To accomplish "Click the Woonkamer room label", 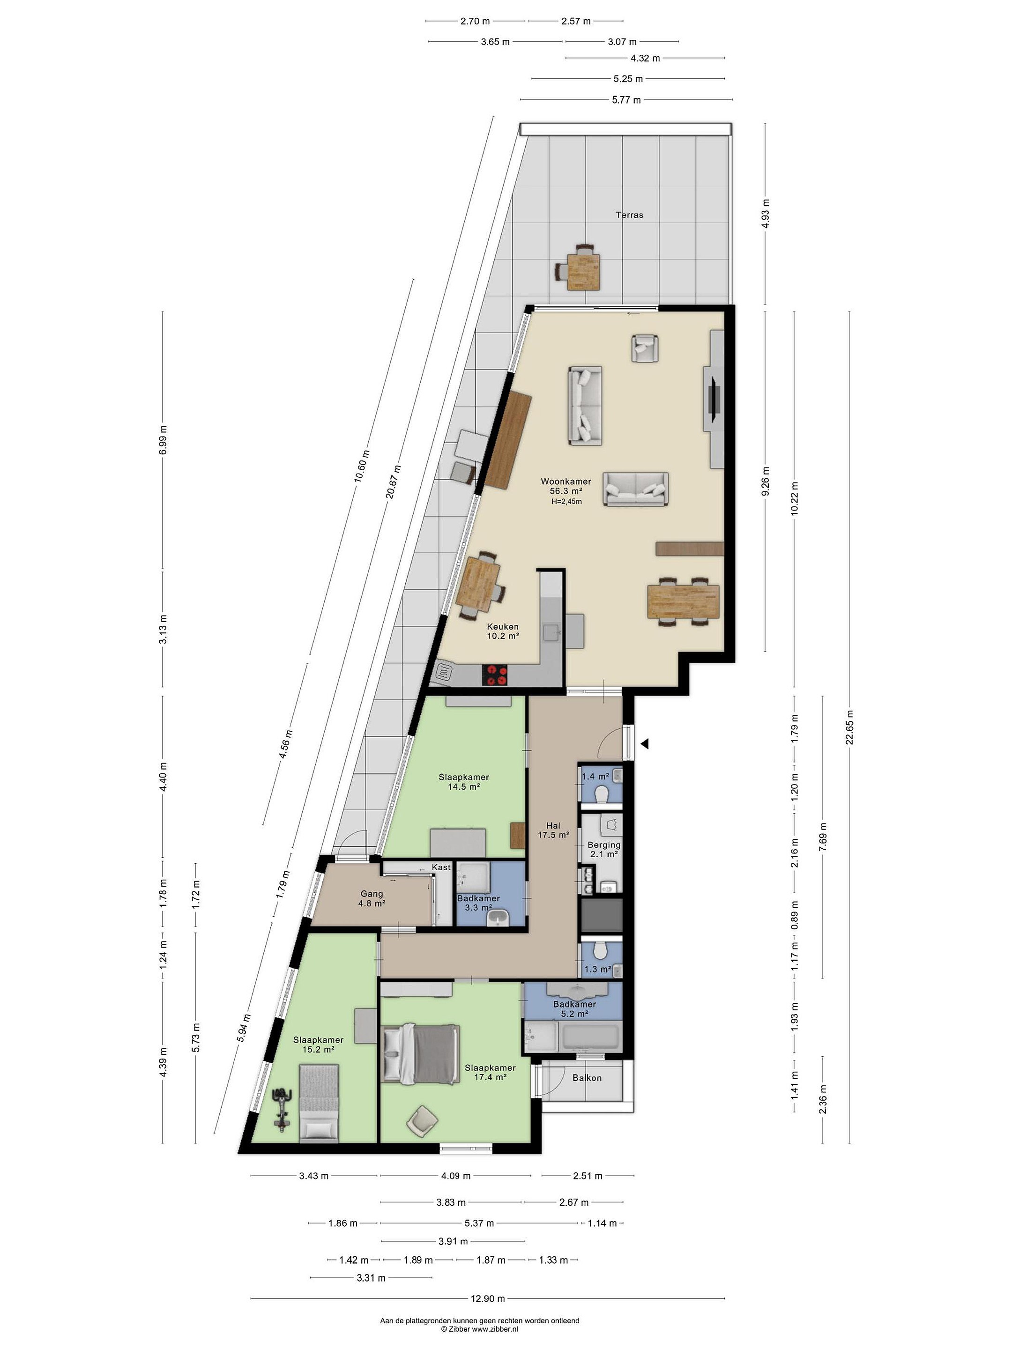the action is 566,481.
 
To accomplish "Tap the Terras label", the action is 629,215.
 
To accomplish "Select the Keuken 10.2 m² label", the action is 503,630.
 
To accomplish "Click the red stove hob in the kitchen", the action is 495,674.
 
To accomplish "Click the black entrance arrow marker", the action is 644,743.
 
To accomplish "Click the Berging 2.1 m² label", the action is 604,849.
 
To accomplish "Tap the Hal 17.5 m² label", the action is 553,830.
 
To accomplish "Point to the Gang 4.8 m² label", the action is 372,898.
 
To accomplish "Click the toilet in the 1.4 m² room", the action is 602,794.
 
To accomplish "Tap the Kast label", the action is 441,867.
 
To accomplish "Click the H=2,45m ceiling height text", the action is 566,501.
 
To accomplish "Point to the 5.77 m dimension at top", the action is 626,99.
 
